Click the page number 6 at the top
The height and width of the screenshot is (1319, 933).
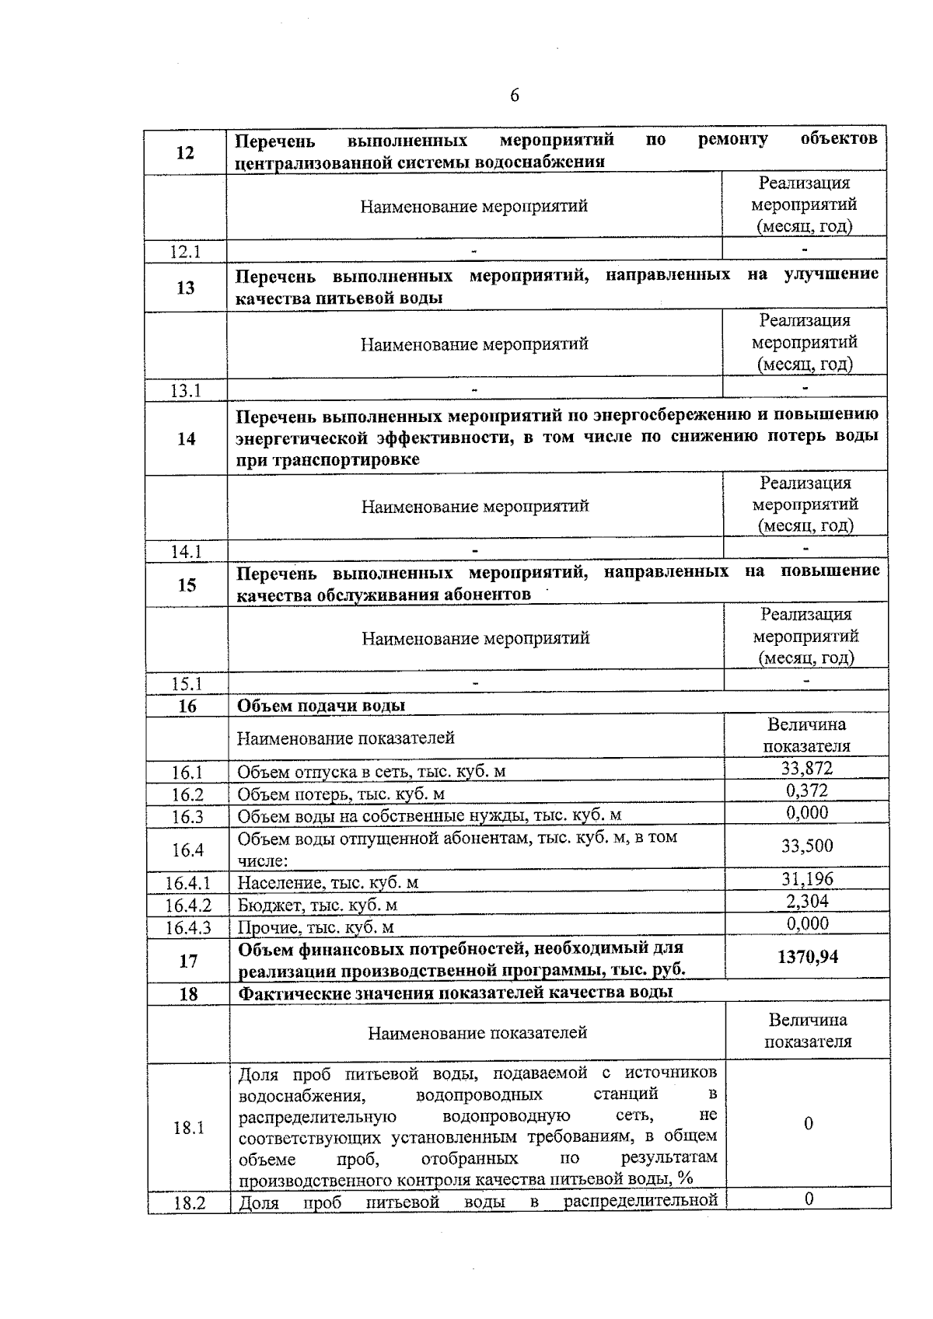pos(514,96)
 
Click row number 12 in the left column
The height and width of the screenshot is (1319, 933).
pos(185,152)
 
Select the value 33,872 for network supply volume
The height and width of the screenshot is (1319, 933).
pos(807,769)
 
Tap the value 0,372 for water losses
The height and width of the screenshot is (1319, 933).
pos(807,791)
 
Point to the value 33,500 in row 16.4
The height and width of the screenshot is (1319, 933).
pos(807,846)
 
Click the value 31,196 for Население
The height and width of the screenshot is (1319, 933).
pos(807,879)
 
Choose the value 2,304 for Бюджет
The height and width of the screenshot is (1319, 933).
pos(807,902)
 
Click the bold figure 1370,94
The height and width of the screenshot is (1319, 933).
pos(808,957)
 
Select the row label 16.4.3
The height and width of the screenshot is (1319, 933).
pos(187,927)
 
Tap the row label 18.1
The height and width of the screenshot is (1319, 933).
pos(188,1128)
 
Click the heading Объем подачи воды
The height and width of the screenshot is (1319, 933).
pos(321,706)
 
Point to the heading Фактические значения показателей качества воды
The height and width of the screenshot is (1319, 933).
pos(456,993)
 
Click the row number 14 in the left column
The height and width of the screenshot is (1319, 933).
pos(186,438)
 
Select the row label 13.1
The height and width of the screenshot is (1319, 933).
pos(186,391)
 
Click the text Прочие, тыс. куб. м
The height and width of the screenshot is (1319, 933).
pos(316,927)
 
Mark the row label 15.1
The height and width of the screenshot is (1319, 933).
pos(187,684)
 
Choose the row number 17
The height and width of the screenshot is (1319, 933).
pos(188,961)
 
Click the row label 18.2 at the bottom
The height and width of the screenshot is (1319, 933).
pos(189,1204)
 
